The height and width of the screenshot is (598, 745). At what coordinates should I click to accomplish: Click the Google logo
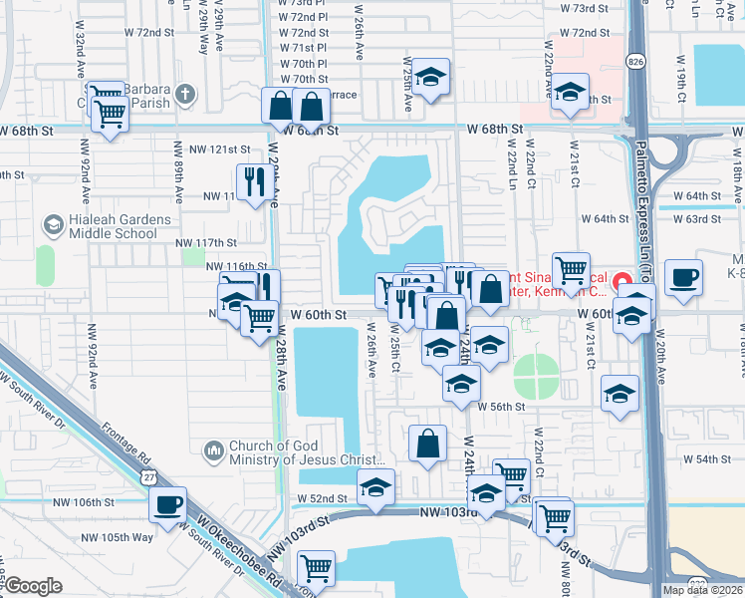[x=33, y=586]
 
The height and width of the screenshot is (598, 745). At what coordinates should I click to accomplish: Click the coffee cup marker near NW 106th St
[x=168, y=503]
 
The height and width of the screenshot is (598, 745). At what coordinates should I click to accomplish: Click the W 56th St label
[x=501, y=407]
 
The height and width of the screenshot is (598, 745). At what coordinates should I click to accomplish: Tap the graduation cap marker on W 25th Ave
[x=430, y=77]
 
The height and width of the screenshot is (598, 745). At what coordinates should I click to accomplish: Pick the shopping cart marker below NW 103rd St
[x=316, y=569]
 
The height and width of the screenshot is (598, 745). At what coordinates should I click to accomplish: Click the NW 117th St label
[x=206, y=242]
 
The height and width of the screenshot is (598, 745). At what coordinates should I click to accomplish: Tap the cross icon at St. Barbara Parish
[x=183, y=95]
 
